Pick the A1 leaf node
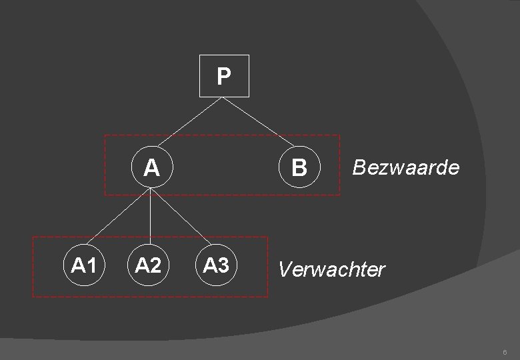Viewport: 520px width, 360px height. [83, 266]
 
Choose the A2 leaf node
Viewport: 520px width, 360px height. [149, 266]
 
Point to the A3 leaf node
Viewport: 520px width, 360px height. [216, 266]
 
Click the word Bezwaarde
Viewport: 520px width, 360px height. [405, 167]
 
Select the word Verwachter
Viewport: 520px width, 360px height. [331, 269]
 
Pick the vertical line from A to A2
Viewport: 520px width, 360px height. [151, 217]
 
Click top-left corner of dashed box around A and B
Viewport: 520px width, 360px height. [105, 136]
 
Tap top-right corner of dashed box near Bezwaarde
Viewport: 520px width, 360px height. [339, 136]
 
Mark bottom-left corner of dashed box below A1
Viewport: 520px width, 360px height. [32, 296]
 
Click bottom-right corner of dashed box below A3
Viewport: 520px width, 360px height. [267, 296]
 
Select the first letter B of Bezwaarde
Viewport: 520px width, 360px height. [357, 167]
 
